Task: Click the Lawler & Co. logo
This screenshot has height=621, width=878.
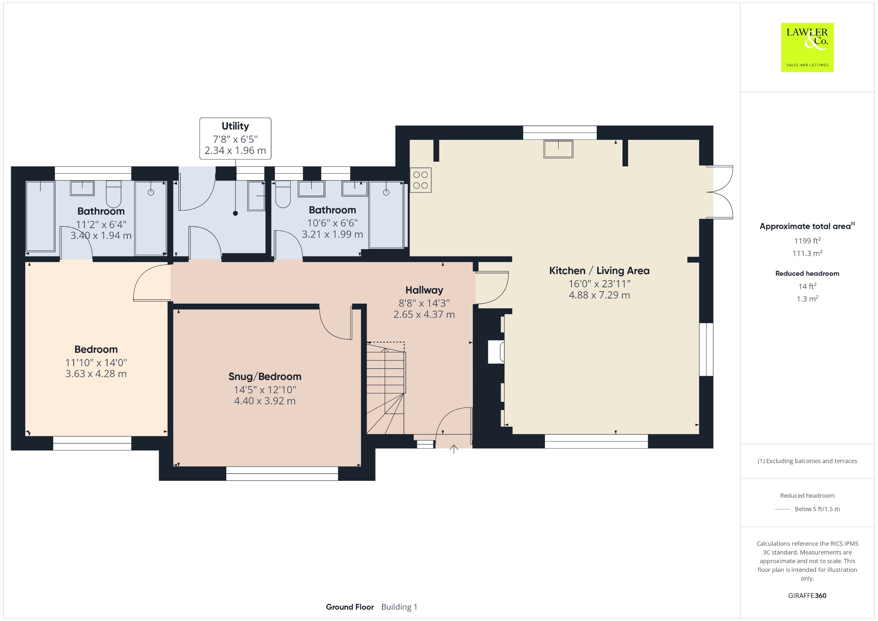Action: [807, 47]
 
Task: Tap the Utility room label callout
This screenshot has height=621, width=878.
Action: [235, 138]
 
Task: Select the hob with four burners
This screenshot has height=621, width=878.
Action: [421, 180]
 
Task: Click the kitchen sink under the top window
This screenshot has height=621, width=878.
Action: [559, 149]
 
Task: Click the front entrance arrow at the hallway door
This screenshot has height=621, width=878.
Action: [454, 449]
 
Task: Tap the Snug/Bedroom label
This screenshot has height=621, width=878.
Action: [265, 377]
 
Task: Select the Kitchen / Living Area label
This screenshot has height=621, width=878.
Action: [599, 271]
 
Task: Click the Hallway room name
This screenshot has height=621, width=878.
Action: [424, 290]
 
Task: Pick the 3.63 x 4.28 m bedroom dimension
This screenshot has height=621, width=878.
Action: [96, 374]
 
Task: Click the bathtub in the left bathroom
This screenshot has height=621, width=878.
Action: [41, 216]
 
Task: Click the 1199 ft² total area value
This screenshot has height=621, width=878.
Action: [807, 241]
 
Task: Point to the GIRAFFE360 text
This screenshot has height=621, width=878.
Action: [807, 595]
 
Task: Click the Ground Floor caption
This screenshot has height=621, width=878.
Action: [350, 607]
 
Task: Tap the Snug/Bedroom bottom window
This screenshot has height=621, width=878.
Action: [282, 473]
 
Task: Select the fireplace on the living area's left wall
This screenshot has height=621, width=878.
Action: [496, 352]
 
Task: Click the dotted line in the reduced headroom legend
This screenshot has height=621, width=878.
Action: [782, 509]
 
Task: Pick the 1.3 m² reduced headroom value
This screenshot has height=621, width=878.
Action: [807, 298]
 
